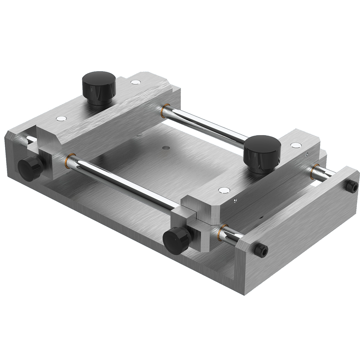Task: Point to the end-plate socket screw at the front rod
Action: point(261,249)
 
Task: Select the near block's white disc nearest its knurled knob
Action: point(224,190)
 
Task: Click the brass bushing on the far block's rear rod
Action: point(163,110)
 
